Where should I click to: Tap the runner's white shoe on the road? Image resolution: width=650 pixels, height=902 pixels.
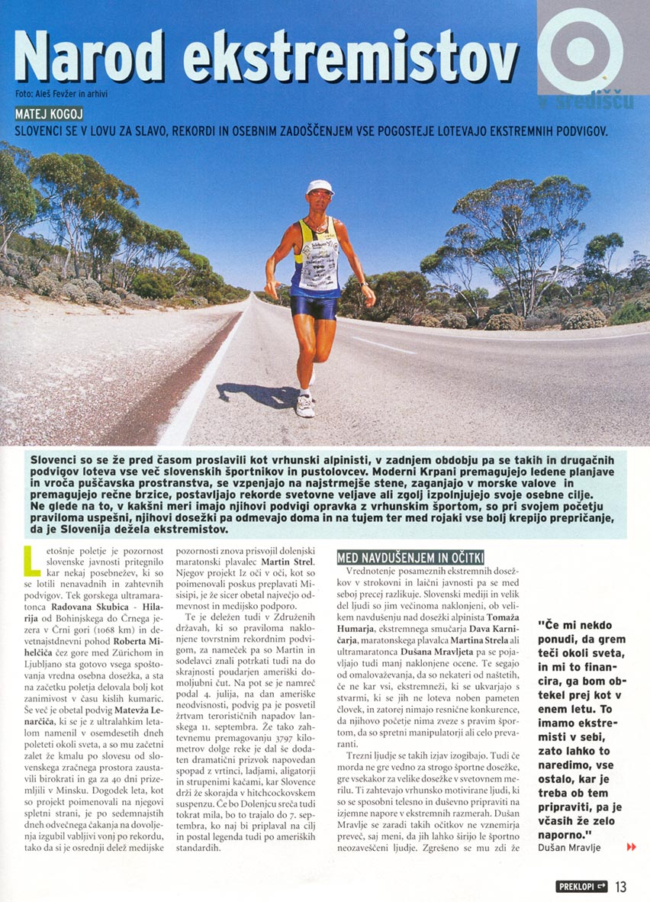tap(305, 405)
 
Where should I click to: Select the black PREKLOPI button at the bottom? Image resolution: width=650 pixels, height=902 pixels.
tap(581, 886)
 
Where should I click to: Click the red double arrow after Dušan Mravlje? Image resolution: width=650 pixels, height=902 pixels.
tap(630, 846)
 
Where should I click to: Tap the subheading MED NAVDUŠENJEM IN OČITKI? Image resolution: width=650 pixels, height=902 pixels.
tap(410, 558)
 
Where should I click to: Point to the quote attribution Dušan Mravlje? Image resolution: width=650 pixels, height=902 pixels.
tap(568, 847)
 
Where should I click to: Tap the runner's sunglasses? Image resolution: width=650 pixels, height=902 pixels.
tap(320, 195)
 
